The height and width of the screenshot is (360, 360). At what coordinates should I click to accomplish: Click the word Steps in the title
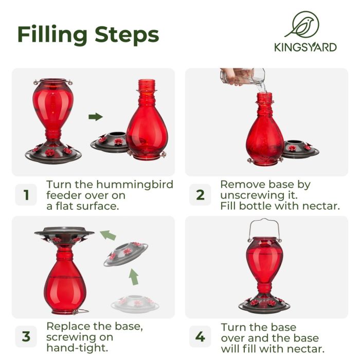(x=127, y=34)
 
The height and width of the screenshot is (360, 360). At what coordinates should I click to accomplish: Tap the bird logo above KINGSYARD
(x=305, y=25)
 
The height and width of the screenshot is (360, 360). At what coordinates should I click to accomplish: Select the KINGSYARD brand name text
(x=305, y=47)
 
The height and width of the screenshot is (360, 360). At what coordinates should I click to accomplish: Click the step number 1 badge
(x=26, y=195)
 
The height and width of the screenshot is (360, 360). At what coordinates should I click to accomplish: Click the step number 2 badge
(x=200, y=195)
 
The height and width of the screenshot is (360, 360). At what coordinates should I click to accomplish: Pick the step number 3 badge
(x=26, y=337)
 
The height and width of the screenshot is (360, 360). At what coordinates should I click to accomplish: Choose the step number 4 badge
(x=200, y=337)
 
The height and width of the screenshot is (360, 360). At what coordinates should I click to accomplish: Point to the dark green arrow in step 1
(x=95, y=117)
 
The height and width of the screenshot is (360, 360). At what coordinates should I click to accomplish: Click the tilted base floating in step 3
(x=125, y=254)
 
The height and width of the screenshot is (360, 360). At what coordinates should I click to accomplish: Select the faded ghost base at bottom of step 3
(x=134, y=303)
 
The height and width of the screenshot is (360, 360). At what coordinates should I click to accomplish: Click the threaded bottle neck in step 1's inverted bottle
(x=147, y=87)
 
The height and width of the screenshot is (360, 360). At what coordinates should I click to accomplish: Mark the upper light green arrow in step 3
(x=107, y=236)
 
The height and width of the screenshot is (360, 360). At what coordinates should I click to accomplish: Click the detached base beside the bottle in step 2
(x=299, y=149)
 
